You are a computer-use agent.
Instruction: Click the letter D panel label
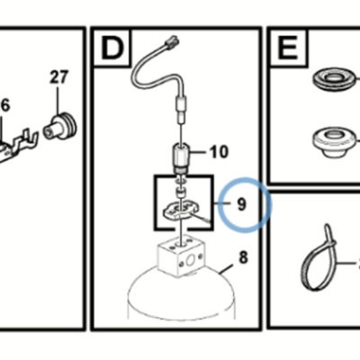click(x=112, y=47)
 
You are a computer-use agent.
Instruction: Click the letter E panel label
click(x=288, y=47)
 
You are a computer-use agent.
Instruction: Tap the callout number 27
click(x=59, y=77)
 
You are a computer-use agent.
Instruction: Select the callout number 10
click(x=219, y=152)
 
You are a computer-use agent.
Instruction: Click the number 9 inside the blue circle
click(x=241, y=204)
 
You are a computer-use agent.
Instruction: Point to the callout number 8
click(x=243, y=257)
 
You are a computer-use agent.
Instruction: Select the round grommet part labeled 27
click(x=61, y=125)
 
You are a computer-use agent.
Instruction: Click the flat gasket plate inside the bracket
click(x=178, y=210)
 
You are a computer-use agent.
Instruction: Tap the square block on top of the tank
click(x=180, y=255)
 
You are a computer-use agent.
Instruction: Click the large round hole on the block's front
click(x=190, y=262)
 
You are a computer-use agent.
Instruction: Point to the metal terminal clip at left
click(x=18, y=146)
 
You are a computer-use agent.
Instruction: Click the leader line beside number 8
click(x=226, y=269)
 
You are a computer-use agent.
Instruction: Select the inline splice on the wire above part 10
click(x=182, y=109)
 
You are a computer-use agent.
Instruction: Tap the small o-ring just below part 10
click(x=180, y=182)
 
